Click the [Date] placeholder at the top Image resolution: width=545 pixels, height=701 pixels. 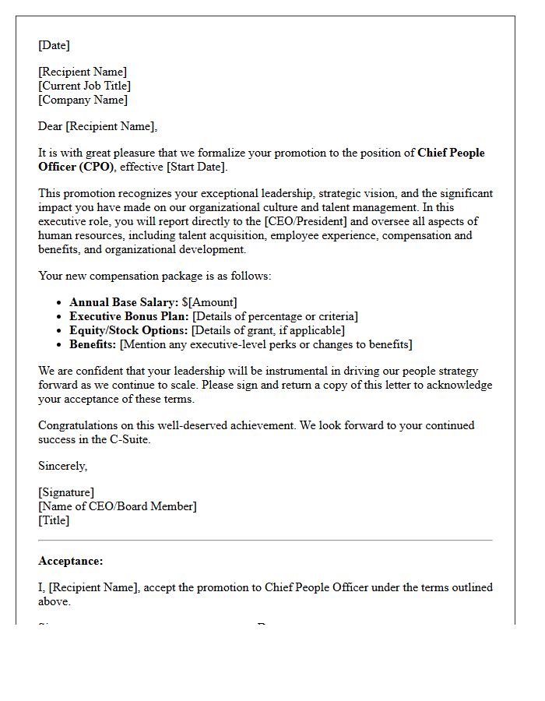54,45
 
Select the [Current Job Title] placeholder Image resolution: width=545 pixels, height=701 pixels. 84,86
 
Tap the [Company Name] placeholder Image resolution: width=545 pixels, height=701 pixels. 83,100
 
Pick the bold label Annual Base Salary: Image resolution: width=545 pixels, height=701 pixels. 123,302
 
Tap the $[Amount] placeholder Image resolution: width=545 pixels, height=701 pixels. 209,302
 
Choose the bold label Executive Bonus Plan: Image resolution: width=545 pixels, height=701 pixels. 128,316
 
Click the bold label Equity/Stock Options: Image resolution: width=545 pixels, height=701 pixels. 128,330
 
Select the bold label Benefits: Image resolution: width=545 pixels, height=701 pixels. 93,344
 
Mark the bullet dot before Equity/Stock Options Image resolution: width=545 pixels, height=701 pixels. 60,331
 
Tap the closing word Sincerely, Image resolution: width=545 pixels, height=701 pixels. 62,466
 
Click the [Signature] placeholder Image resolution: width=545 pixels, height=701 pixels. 66,492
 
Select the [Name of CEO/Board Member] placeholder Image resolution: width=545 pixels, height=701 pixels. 117,506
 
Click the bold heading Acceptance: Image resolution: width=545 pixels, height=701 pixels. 70,561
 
